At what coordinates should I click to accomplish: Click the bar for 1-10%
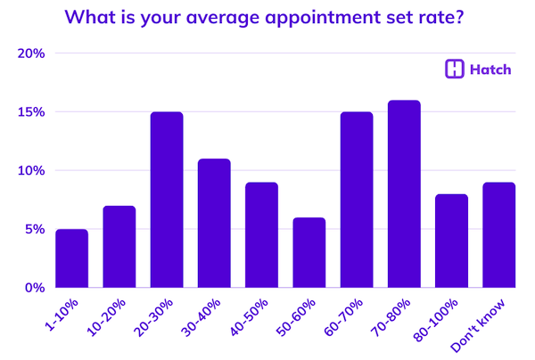(x=71, y=258)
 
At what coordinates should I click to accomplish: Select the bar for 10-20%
(x=119, y=247)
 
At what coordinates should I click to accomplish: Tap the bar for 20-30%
(x=167, y=200)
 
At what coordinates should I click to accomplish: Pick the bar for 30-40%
(x=214, y=223)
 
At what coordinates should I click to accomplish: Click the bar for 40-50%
(x=261, y=234)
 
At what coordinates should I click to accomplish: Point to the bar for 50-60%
(x=309, y=252)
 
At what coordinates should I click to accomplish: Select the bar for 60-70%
(x=357, y=200)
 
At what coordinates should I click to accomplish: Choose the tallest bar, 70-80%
(x=404, y=193)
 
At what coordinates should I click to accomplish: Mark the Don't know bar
(x=499, y=234)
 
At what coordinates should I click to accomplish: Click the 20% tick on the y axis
(x=31, y=53)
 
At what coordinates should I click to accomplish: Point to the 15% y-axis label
(x=31, y=112)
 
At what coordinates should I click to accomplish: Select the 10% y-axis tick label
(x=31, y=170)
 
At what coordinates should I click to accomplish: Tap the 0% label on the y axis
(x=34, y=287)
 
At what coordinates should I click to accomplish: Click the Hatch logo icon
(x=454, y=70)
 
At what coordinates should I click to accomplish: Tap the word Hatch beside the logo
(x=490, y=70)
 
